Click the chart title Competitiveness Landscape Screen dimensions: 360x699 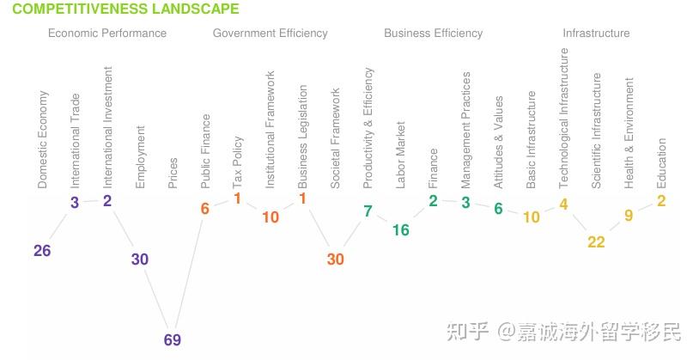(125, 9)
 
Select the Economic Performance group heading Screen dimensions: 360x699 (107, 34)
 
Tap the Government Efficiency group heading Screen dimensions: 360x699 (270, 34)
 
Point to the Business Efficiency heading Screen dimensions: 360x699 (433, 34)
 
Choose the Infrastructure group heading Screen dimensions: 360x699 (596, 34)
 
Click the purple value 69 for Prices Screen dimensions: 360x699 (173, 340)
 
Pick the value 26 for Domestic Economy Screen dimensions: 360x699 (42, 251)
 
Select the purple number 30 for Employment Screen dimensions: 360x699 (140, 259)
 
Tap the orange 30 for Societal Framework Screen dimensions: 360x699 (336, 259)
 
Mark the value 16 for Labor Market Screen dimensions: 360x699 (401, 230)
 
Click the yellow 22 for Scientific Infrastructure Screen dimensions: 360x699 (597, 242)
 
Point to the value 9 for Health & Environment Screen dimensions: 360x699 (629, 216)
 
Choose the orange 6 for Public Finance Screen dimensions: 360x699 (205, 209)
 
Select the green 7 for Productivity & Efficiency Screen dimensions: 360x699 (368, 211)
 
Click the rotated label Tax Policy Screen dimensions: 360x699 (238, 162)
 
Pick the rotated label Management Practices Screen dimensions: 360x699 (466, 130)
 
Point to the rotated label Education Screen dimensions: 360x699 (661, 164)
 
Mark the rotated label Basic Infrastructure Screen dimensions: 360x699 (532, 140)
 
